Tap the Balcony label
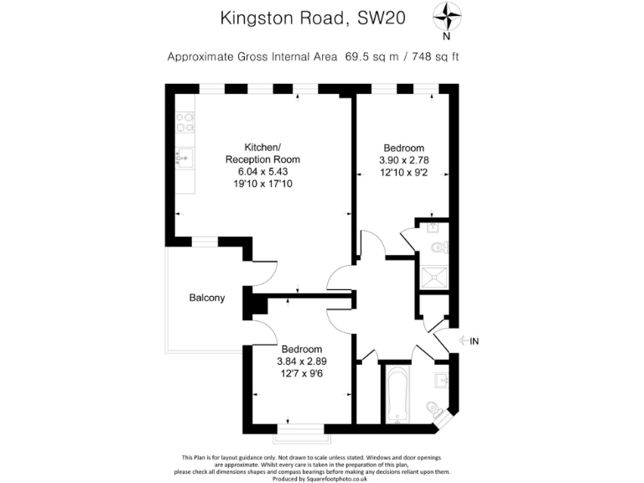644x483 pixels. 206,298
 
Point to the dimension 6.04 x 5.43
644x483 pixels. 262,171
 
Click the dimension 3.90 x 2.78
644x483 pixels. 404,159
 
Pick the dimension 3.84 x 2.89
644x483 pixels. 301,361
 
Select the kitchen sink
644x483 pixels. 184,157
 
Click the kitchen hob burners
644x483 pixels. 184,123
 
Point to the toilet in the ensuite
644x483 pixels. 437,247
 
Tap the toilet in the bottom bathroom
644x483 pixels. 434,408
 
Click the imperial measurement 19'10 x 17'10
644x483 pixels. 262,184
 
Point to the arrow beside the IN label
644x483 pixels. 462,340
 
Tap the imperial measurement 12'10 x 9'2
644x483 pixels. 404,172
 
